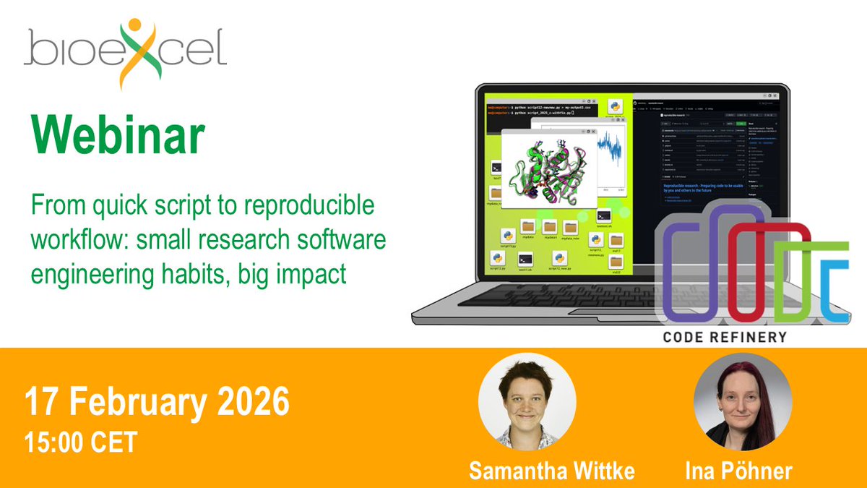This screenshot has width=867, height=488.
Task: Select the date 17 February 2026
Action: pyautogui.click(x=157, y=403)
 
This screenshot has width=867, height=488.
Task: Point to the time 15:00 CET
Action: pyautogui.click(x=80, y=442)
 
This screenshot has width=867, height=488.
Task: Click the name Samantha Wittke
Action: pyautogui.click(x=552, y=471)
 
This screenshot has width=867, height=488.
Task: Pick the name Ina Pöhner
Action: pyautogui.click(x=739, y=471)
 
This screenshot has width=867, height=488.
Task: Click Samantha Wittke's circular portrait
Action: pyautogui.click(x=527, y=402)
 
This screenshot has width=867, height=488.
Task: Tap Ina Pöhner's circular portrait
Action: pyautogui.click(x=743, y=402)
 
